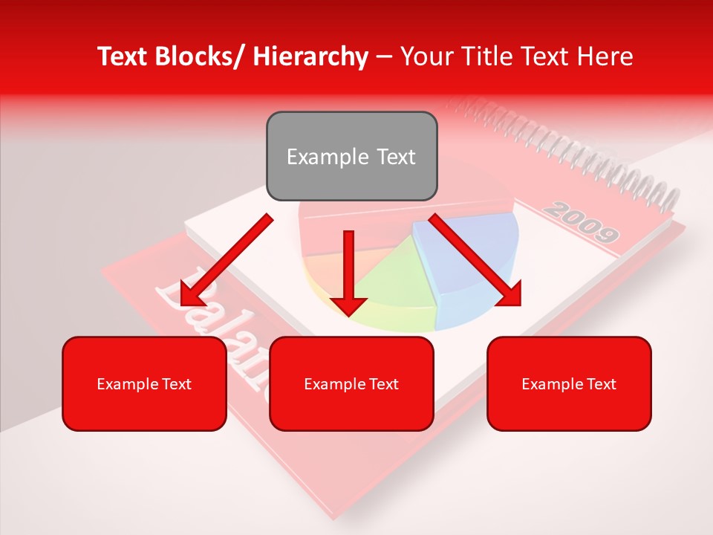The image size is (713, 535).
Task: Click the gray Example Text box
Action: coord(351,156)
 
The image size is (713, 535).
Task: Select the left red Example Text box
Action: coord(144,383)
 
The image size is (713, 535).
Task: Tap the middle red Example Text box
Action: coord(351,383)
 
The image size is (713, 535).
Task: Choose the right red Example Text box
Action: coord(569,383)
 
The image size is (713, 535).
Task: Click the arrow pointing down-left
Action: coord(227,260)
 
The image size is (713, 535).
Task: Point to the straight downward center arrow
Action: coord(348,271)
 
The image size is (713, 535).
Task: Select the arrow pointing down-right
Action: coord(475,260)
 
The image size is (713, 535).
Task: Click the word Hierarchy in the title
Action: coord(310,56)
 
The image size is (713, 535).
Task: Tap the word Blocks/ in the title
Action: coord(200,56)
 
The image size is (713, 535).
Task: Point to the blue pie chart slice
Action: coord(468,260)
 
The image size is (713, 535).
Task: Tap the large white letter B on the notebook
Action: coord(178,297)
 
